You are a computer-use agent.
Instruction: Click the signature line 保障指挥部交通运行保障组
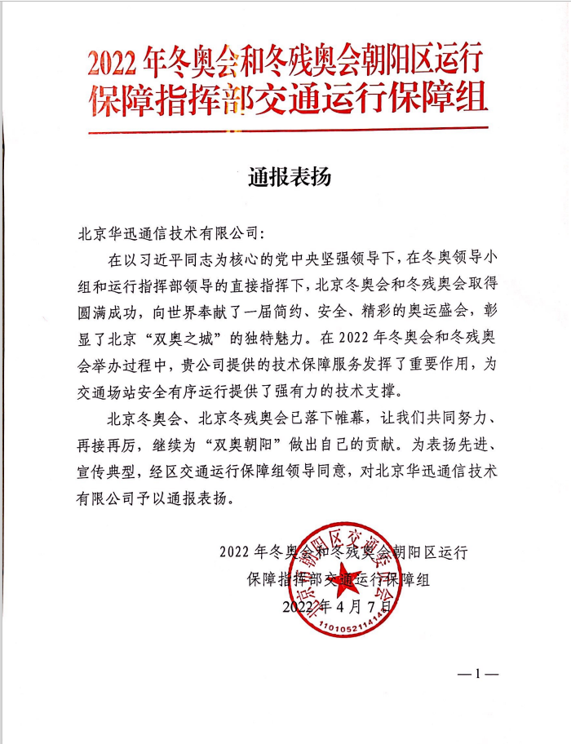point(338,580)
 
